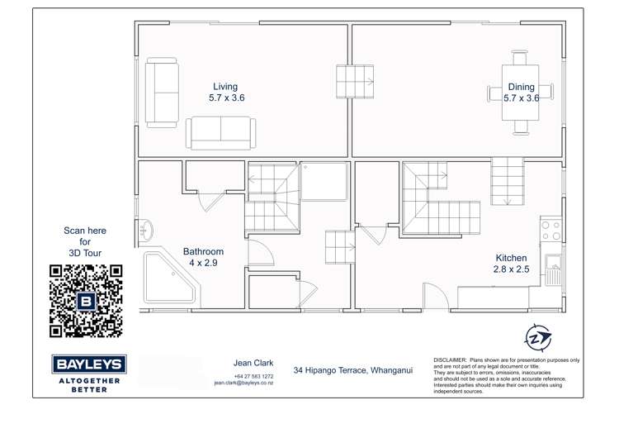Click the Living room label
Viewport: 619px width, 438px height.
click(x=225, y=87)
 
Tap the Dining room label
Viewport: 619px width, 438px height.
click(x=521, y=87)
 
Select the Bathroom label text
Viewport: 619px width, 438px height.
click(x=203, y=252)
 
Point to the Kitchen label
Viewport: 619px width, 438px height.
click(x=512, y=258)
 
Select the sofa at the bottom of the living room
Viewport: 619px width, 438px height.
click(x=220, y=132)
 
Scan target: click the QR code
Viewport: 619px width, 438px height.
click(x=86, y=301)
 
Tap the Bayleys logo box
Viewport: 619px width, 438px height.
click(x=88, y=364)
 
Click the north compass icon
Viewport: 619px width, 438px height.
click(x=537, y=337)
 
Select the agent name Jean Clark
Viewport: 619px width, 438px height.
click(x=253, y=363)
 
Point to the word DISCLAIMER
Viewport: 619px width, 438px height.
click(x=450, y=361)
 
